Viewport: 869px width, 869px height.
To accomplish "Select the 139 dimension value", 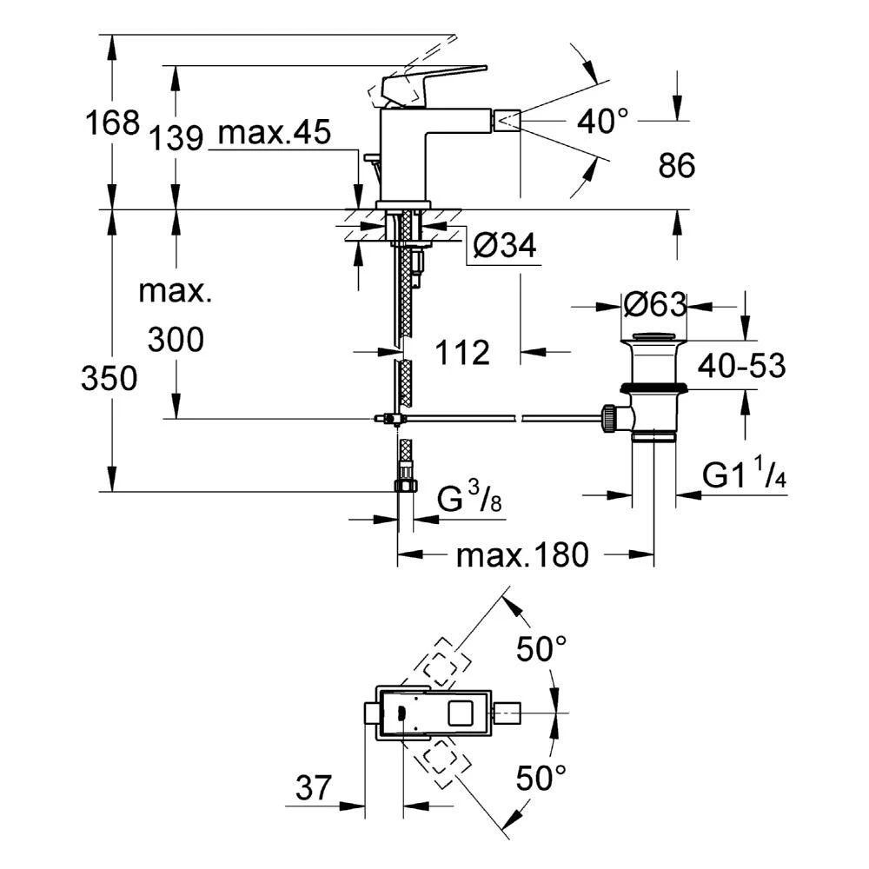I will [x=175, y=137].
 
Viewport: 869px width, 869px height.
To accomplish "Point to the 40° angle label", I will [x=602, y=122].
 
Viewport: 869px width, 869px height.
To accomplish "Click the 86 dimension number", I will [x=676, y=165].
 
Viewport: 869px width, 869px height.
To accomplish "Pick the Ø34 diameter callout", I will [x=506, y=249].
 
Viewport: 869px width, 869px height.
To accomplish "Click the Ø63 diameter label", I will [x=655, y=305].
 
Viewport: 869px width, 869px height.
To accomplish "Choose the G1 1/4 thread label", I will [x=745, y=476].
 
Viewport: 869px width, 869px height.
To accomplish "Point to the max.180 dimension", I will [x=523, y=554].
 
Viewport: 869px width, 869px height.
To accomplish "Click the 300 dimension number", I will [x=175, y=340].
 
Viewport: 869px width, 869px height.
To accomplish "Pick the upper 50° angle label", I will [x=541, y=648].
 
